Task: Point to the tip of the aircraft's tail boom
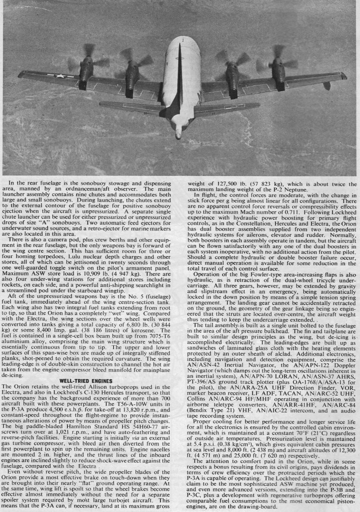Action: [178, 133]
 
